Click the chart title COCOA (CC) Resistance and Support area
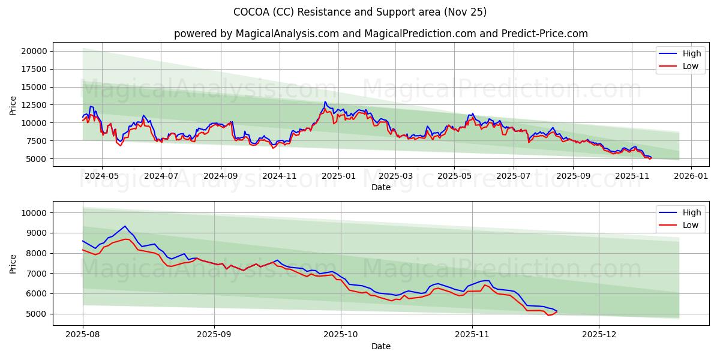360,12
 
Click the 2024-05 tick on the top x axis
101,176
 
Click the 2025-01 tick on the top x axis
338,176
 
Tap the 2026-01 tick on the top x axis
691,176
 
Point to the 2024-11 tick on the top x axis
280,176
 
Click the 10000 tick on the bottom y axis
35,213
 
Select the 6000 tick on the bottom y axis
38,293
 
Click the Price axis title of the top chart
13,106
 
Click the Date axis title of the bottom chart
381,346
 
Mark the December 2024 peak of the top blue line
325,101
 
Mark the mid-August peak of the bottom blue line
125,226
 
